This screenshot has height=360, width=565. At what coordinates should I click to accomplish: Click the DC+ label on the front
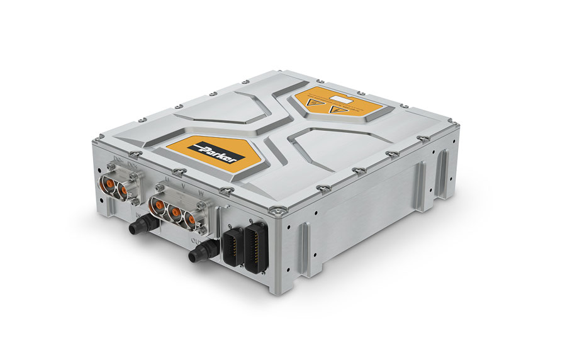pos(131,166)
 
